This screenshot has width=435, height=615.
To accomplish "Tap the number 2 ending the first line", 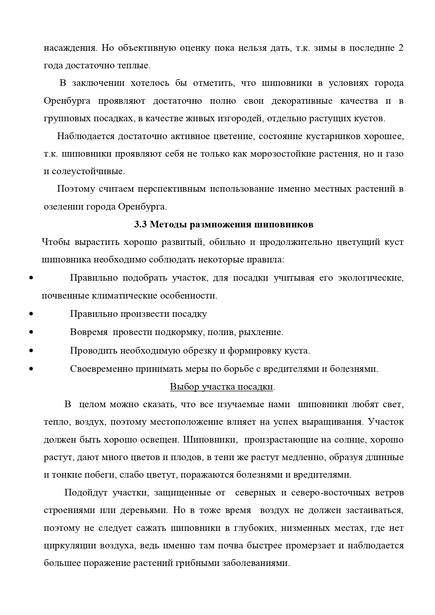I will pos(401,48).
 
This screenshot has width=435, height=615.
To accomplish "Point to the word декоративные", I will pos(302,101).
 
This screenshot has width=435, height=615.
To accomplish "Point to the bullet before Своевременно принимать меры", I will pos(31,369).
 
